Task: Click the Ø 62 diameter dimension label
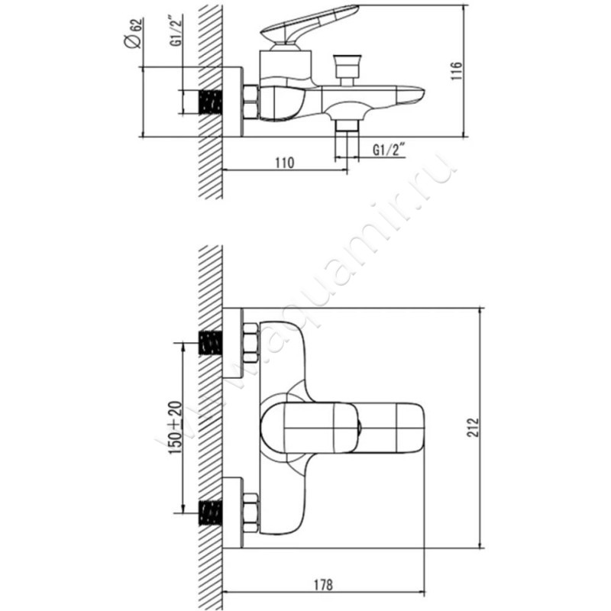tap(133, 34)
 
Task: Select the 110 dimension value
tap(285, 163)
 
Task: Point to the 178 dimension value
tap(323, 585)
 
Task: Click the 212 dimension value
tap(473, 428)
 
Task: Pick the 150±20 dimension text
tap(175, 428)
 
